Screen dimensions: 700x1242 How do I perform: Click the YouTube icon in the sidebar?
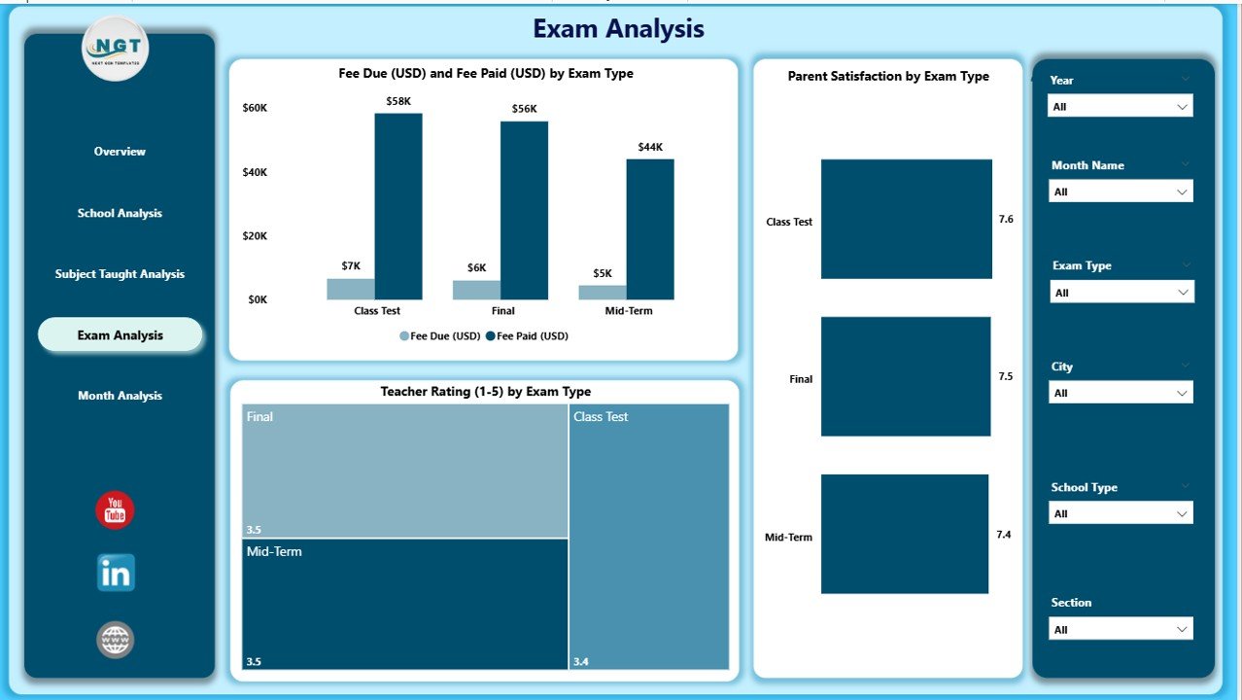115,510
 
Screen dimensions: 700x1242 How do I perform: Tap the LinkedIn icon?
116,573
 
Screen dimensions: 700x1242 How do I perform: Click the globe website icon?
115,640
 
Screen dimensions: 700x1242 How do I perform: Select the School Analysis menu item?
120,213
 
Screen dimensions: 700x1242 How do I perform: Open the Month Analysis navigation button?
120,396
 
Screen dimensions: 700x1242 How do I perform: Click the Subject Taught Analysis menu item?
120,274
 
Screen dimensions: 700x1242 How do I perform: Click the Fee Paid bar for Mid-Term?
649,229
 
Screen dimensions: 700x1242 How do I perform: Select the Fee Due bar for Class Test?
351,289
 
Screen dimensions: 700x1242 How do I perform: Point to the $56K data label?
524,109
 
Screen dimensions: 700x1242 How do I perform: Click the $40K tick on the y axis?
255,172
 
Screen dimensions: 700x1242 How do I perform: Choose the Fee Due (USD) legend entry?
439,336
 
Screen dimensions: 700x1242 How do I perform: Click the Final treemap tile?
404,470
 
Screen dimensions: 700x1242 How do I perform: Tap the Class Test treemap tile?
648,537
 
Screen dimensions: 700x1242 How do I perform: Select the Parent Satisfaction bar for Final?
905,376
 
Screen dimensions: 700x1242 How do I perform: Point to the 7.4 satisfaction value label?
1004,535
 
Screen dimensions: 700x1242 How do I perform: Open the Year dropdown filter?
1120,106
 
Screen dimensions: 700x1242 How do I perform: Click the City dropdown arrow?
1182,393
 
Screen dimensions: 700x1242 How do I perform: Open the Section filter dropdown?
1120,629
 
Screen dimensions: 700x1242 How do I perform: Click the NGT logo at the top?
116,48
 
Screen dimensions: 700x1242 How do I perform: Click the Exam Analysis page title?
618,29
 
